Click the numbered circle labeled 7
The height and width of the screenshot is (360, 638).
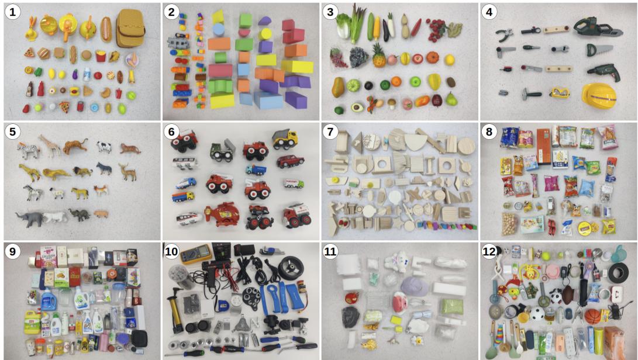coord(331,131)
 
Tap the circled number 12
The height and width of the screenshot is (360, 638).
coord(489,251)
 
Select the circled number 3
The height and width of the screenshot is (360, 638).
coord(331,12)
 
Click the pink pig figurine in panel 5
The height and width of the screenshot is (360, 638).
coord(101,214)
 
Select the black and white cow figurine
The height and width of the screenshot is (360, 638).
coord(104,147)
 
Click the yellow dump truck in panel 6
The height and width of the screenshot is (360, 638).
coord(284,140)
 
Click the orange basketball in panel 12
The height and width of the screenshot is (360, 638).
coord(593,316)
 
